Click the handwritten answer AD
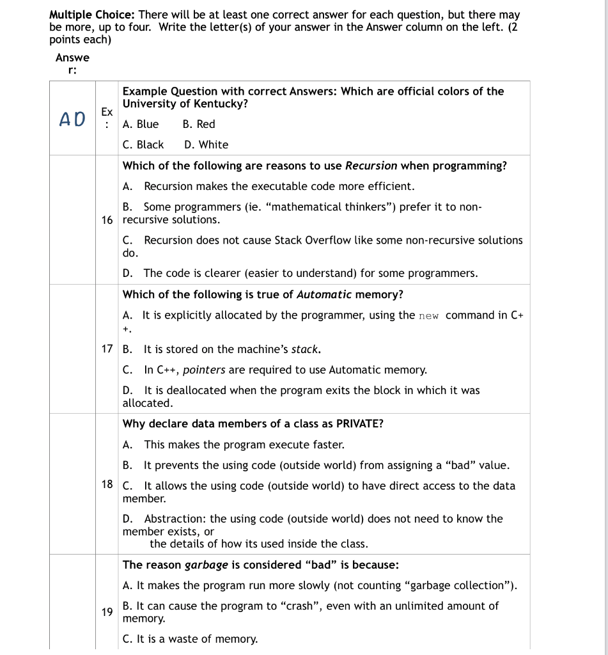click(x=72, y=119)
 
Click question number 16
click(x=107, y=219)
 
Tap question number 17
click(x=107, y=349)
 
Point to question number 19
click(x=107, y=612)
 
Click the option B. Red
click(x=199, y=124)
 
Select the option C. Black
click(x=143, y=145)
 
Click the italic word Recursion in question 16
click(x=371, y=166)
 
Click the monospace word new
click(x=428, y=315)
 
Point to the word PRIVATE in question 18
click(x=359, y=423)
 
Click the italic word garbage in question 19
click(x=206, y=565)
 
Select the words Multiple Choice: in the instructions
click(x=92, y=14)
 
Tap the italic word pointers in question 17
click(x=204, y=370)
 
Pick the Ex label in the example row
click(x=107, y=112)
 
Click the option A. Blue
click(x=141, y=124)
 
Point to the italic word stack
click(x=306, y=349)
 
